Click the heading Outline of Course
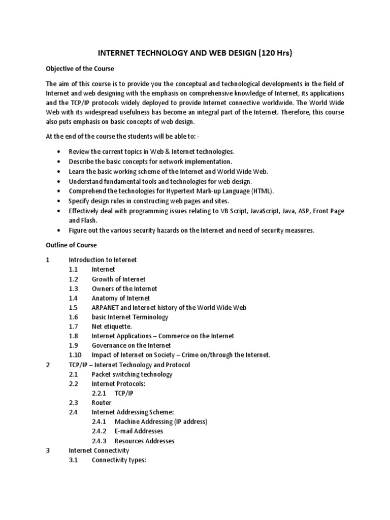71,245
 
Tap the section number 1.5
73,308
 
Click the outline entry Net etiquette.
112,327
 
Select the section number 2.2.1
99,393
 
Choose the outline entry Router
102,403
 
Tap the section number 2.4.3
99,441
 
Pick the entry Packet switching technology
132,374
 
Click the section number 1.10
75,355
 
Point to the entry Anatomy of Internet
121,298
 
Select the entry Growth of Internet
118,279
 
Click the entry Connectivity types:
119,460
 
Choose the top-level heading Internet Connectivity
99,450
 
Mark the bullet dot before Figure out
60,230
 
